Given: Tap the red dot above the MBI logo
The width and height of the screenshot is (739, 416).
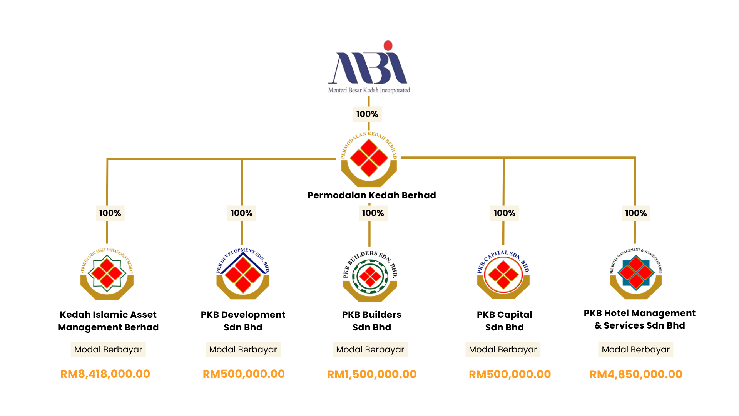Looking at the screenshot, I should [388, 45].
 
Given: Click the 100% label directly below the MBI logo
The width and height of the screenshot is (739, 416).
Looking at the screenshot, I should [367, 114].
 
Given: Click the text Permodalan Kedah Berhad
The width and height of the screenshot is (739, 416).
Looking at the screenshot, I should [372, 195].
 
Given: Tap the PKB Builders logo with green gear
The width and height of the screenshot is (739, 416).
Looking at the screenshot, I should [370, 276].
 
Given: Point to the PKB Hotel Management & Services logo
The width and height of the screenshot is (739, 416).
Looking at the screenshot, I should [636, 274].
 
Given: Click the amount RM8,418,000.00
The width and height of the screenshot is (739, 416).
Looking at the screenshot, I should [105, 374].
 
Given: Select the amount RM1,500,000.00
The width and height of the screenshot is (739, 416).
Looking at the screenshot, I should [372, 374].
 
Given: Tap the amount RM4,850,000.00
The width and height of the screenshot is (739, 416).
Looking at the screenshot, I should [636, 374].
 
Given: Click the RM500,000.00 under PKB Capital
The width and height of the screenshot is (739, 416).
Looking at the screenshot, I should [510, 374].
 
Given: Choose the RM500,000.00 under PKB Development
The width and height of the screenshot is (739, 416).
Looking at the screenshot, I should [244, 374].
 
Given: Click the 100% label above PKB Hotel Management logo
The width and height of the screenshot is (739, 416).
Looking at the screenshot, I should [636, 213].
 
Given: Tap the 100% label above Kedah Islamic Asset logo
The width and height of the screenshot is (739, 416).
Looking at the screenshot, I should [110, 213].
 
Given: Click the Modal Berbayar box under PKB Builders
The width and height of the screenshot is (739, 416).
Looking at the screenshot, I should [370, 350].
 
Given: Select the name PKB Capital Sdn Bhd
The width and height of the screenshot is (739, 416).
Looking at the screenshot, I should [504, 321].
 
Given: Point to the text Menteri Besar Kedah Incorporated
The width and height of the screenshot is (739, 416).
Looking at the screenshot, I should [369, 91].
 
